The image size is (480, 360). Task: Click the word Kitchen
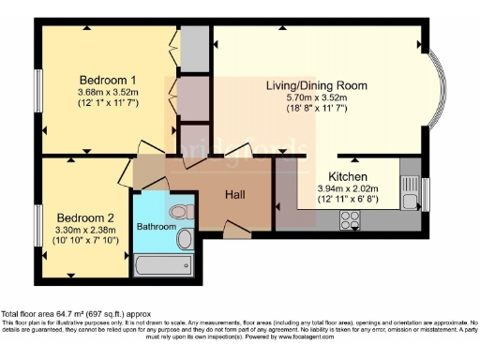coord(347,176)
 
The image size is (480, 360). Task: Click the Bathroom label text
coord(157,227)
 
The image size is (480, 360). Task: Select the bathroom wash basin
coord(184,239)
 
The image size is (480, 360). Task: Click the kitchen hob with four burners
coord(351,220)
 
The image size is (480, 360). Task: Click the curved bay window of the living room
coord(434,87)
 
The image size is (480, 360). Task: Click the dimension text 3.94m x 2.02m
coord(347,188)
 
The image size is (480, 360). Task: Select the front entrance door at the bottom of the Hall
coord(238,228)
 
